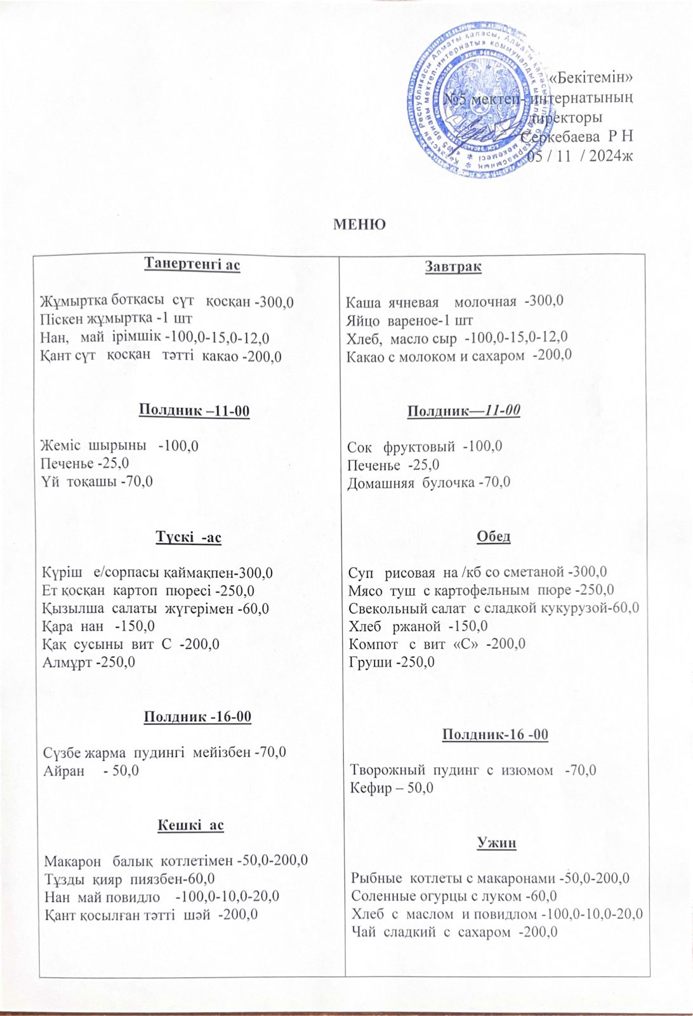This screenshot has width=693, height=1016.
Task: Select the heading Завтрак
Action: click(x=452, y=267)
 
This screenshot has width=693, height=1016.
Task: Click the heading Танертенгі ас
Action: click(x=193, y=264)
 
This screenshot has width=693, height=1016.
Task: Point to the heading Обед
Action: click(x=493, y=537)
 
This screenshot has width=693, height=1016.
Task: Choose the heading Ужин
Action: click(x=496, y=843)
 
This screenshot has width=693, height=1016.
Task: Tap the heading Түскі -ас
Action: click(x=188, y=538)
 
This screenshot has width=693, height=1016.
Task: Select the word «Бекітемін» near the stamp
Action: click(x=591, y=79)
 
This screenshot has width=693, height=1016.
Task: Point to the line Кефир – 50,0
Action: click(x=392, y=788)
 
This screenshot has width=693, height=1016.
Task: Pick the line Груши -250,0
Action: click(x=392, y=662)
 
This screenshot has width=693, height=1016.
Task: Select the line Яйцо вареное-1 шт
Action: click(x=409, y=319)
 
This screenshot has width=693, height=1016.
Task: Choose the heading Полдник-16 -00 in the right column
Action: click(x=495, y=735)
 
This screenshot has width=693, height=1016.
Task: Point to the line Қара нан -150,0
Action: click(x=98, y=626)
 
